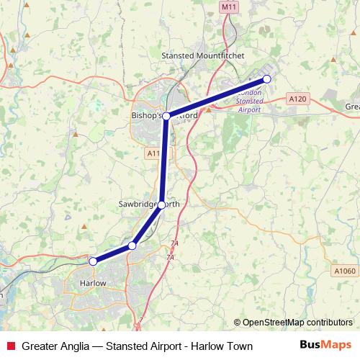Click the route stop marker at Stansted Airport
click(266, 79)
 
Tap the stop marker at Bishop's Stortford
click(166, 116)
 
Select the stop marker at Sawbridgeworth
click(161, 204)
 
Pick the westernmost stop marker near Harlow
click(92, 261)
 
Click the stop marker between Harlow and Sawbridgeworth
click(132, 246)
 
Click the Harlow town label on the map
click(91, 284)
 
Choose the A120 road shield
click(297, 97)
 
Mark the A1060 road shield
click(345, 271)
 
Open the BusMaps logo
click(325, 346)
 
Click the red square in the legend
click(9, 346)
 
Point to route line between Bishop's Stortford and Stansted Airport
click(216, 98)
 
